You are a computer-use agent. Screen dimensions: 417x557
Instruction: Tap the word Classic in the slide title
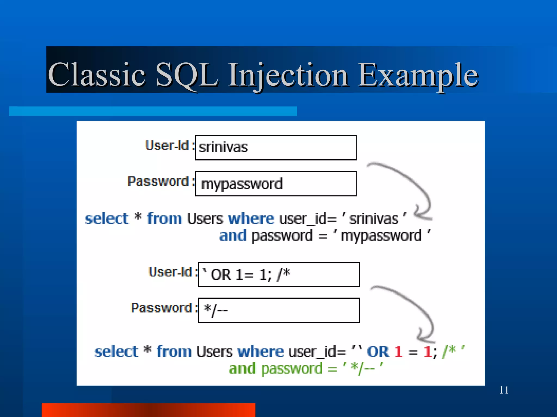97,75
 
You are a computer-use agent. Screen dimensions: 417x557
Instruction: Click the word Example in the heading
417,75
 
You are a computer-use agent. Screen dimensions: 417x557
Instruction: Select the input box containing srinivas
276,148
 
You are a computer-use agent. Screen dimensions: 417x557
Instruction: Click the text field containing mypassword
276,184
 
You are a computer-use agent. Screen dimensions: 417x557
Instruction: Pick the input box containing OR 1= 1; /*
279,274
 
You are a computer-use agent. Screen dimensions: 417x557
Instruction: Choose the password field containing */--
279,310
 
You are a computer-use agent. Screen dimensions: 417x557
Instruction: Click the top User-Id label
167,146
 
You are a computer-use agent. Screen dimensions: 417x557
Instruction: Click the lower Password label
161,308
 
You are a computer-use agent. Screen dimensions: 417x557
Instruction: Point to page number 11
504,390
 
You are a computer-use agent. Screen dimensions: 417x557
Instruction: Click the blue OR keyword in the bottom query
378,352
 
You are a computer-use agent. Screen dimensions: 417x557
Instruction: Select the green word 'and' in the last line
242,369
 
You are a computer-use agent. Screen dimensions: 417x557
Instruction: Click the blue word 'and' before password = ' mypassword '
233,235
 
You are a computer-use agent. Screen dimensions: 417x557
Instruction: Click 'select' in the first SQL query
107,219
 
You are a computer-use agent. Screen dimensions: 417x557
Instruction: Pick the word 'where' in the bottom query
260,352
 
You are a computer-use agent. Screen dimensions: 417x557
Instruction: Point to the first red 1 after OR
398,352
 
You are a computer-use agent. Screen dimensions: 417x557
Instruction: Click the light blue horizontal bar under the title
153,111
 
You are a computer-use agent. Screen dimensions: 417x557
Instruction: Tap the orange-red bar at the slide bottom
148,410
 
